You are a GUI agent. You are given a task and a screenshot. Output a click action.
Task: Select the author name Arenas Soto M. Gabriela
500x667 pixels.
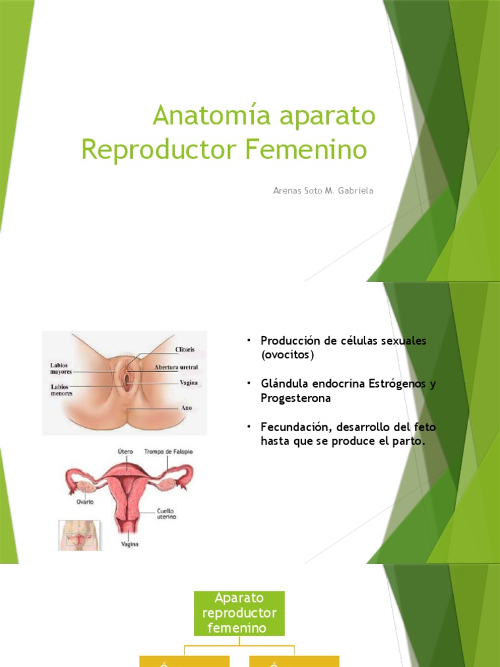point(323,191)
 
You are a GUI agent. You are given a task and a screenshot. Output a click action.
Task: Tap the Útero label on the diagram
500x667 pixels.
point(126,451)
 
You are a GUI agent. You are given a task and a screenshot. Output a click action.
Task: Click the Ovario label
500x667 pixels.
point(84,502)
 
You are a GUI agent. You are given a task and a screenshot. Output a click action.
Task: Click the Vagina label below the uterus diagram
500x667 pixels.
point(129,544)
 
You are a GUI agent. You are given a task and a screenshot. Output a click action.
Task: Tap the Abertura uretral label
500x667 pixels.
point(176,367)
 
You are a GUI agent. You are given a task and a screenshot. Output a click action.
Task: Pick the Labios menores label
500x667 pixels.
point(62,390)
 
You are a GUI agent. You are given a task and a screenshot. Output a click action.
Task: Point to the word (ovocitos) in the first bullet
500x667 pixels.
point(287,355)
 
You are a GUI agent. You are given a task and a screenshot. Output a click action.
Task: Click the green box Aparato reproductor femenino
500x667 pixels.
point(239,613)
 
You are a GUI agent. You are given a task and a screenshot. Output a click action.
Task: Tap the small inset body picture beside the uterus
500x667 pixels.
point(78,535)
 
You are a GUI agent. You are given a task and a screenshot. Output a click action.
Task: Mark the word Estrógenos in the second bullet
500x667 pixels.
point(398,384)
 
